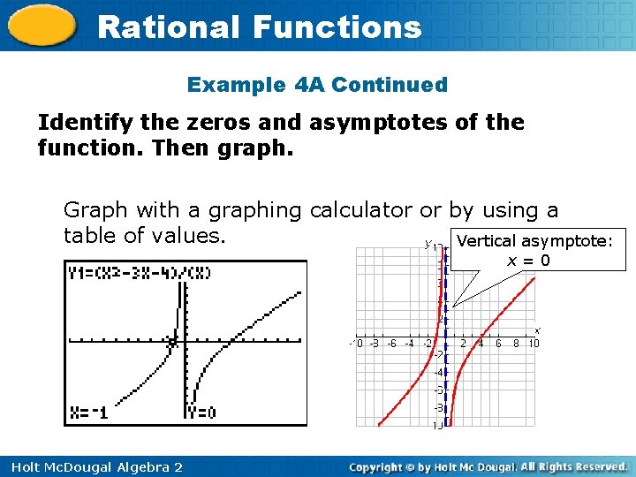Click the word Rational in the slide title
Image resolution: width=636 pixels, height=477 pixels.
tap(167, 27)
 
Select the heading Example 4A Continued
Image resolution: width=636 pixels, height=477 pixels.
tap(317, 86)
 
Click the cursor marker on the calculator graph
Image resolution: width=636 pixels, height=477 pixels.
tap(173, 341)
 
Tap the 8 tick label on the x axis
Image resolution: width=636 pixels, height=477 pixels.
tap(516, 344)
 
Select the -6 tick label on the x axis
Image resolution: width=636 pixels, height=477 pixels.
tap(391, 344)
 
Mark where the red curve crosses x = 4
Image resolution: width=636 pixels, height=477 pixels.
tap(480, 337)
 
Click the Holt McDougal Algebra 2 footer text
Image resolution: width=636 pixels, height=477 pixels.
tap(94, 466)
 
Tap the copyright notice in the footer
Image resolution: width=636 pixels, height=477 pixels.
tap(488, 466)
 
